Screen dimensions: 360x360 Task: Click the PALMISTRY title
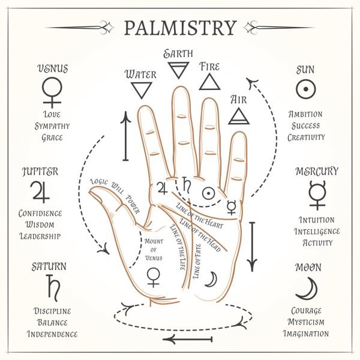(179, 28)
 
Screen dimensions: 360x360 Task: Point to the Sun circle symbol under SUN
(306, 89)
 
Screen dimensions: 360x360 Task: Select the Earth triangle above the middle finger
(178, 71)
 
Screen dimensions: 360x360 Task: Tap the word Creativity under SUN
(306, 137)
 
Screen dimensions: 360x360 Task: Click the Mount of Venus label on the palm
(154, 249)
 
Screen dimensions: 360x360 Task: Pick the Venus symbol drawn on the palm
(154, 277)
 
